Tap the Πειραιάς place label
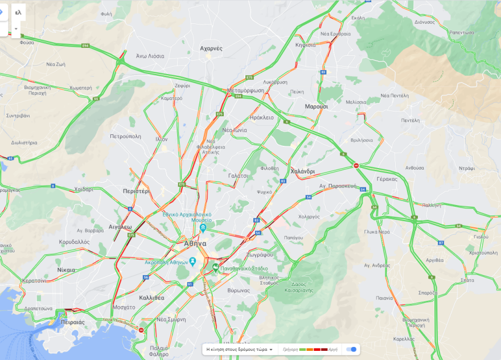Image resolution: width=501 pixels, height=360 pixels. (72, 322)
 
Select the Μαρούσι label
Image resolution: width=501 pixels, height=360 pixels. (316, 107)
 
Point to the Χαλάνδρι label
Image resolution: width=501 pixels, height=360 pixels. (302, 171)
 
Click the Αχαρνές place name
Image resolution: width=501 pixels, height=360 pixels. (211, 48)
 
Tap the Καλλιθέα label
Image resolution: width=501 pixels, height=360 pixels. (151, 297)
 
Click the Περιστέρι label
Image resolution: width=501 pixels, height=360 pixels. (135, 191)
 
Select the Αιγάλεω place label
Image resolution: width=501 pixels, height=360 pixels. (120, 227)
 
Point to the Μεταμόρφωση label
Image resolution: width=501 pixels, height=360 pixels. (246, 90)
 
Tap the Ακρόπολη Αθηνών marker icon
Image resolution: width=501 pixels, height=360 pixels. (193, 261)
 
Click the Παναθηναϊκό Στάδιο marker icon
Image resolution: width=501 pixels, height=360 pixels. (215, 267)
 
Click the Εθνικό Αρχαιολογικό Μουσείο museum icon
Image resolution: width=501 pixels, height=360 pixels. (203, 228)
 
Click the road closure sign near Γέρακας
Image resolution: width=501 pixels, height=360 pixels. (356, 166)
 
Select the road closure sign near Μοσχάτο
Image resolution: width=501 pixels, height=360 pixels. (141, 330)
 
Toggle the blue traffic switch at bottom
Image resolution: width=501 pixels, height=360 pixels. (353, 349)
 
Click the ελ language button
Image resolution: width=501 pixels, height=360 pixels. (18, 12)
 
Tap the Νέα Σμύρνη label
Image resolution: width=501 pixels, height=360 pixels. (171, 320)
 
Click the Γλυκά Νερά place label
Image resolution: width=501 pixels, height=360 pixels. (377, 232)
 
